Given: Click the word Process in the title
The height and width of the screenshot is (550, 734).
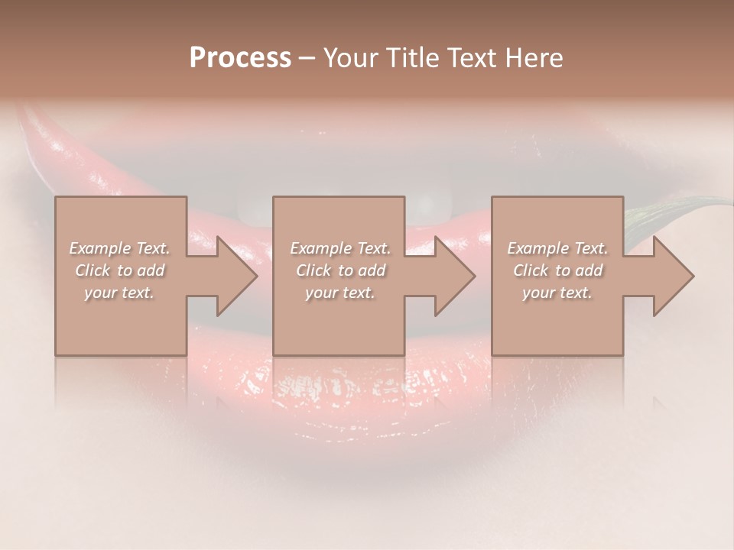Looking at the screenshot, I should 240,58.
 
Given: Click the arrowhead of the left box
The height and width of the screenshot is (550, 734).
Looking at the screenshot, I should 237,276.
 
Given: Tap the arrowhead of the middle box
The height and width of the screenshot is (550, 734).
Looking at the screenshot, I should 455,276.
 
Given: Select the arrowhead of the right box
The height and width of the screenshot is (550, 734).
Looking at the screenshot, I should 673,276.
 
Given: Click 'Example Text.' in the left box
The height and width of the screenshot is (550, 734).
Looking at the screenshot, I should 120,248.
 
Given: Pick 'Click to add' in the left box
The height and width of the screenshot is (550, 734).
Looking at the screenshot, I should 120,270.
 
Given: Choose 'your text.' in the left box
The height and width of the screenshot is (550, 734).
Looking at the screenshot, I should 120,293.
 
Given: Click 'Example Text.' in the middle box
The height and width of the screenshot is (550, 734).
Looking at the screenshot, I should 340,248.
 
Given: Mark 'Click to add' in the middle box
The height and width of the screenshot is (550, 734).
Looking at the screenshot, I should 340,270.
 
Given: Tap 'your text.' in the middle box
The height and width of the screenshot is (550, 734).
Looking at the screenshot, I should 340,293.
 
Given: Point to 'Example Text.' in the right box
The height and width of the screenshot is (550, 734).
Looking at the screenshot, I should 557,248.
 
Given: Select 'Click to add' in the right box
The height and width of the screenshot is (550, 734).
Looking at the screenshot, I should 557,270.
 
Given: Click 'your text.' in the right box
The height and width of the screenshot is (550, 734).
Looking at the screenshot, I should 557,293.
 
